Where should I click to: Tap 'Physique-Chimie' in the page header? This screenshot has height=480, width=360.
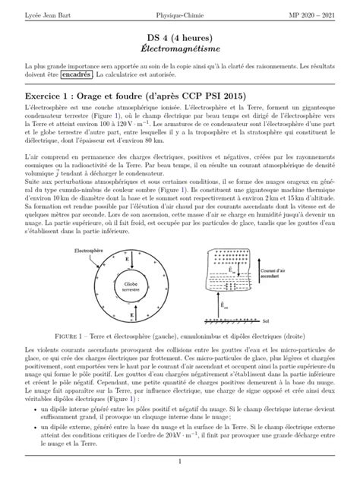(179, 15)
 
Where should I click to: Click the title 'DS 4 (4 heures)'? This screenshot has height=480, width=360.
(179, 37)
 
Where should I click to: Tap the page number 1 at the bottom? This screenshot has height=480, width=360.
(179, 462)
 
